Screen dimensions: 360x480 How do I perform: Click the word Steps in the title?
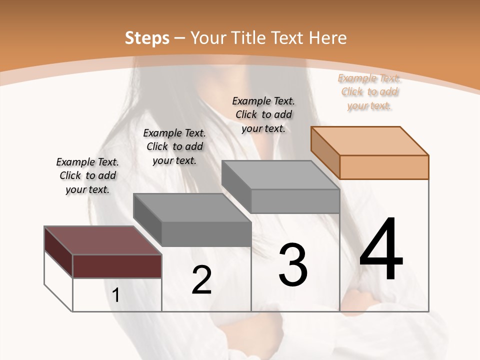coord(147,38)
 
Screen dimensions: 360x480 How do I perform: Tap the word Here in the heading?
coord(328,38)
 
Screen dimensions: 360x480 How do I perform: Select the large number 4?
coord(381,250)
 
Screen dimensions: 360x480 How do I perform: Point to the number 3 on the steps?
coord(293,265)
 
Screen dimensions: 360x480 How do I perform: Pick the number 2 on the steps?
coord(201,280)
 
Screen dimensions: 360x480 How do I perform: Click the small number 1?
coord(116,295)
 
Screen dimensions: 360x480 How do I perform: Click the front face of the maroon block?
coord(117,266)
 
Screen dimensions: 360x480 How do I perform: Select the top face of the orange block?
coord(369,140)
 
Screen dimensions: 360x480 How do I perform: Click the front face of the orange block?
coord(384,167)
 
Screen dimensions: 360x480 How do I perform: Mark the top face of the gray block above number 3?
coord(280,174)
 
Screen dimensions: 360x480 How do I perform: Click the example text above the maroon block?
coord(87,175)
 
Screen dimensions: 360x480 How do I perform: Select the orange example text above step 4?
coord(369,91)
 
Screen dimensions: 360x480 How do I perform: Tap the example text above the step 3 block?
coord(263,114)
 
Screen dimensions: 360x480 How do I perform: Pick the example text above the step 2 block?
coord(174,146)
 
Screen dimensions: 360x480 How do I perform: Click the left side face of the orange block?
coord(325,152)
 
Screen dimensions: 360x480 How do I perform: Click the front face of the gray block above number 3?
coord(295,201)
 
